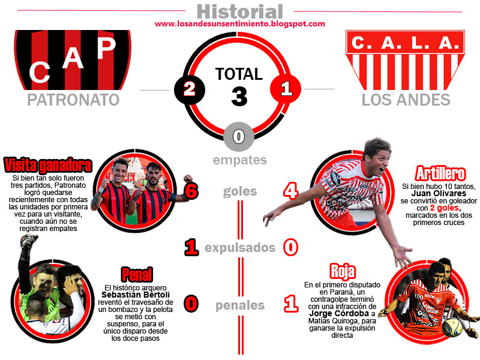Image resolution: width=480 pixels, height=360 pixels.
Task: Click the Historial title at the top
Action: [239, 11]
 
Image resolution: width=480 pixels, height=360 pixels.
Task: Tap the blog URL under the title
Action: [240, 24]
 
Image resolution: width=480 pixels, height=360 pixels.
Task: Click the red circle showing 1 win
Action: [286, 89]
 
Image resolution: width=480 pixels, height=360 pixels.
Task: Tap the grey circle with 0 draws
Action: [239, 136]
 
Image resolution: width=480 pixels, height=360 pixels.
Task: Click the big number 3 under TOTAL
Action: [239, 96]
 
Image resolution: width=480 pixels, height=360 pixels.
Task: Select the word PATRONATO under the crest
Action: [73, 100]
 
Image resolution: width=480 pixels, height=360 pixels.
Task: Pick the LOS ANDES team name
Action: [406, 100]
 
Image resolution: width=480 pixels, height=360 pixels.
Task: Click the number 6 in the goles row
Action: [191, 191]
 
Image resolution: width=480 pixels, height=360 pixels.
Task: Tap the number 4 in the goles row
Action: [290, 191]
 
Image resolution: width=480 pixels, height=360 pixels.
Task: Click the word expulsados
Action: [240, 248]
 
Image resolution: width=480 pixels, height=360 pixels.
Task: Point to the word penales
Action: [240, 305]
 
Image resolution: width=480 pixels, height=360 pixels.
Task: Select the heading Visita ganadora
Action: [48, 164]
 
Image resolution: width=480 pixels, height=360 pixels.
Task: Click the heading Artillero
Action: [439, 174]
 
